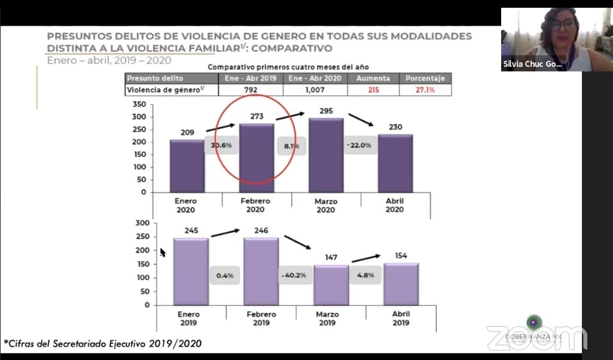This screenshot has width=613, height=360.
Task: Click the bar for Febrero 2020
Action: pos(257,158)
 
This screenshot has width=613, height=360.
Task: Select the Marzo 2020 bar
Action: pos(326,155)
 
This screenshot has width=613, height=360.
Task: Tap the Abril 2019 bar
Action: pos(401,283)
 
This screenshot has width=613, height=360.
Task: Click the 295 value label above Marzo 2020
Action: pos(326,111)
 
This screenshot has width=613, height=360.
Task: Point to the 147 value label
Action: pos(330,258)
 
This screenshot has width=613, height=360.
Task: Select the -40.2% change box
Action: pos(295,276)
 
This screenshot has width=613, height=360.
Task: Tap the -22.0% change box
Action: pos(361,145)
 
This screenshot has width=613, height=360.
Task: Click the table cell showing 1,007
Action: pos(315,90)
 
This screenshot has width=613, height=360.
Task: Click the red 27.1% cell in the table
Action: pos(425,90)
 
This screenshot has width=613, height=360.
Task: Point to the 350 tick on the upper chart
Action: pos(139,104)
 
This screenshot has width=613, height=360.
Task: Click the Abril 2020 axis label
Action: pos(395,206)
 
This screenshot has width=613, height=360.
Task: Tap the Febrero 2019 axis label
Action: pos(261,319)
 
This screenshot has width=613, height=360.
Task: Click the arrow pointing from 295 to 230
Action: pos(361,119)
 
